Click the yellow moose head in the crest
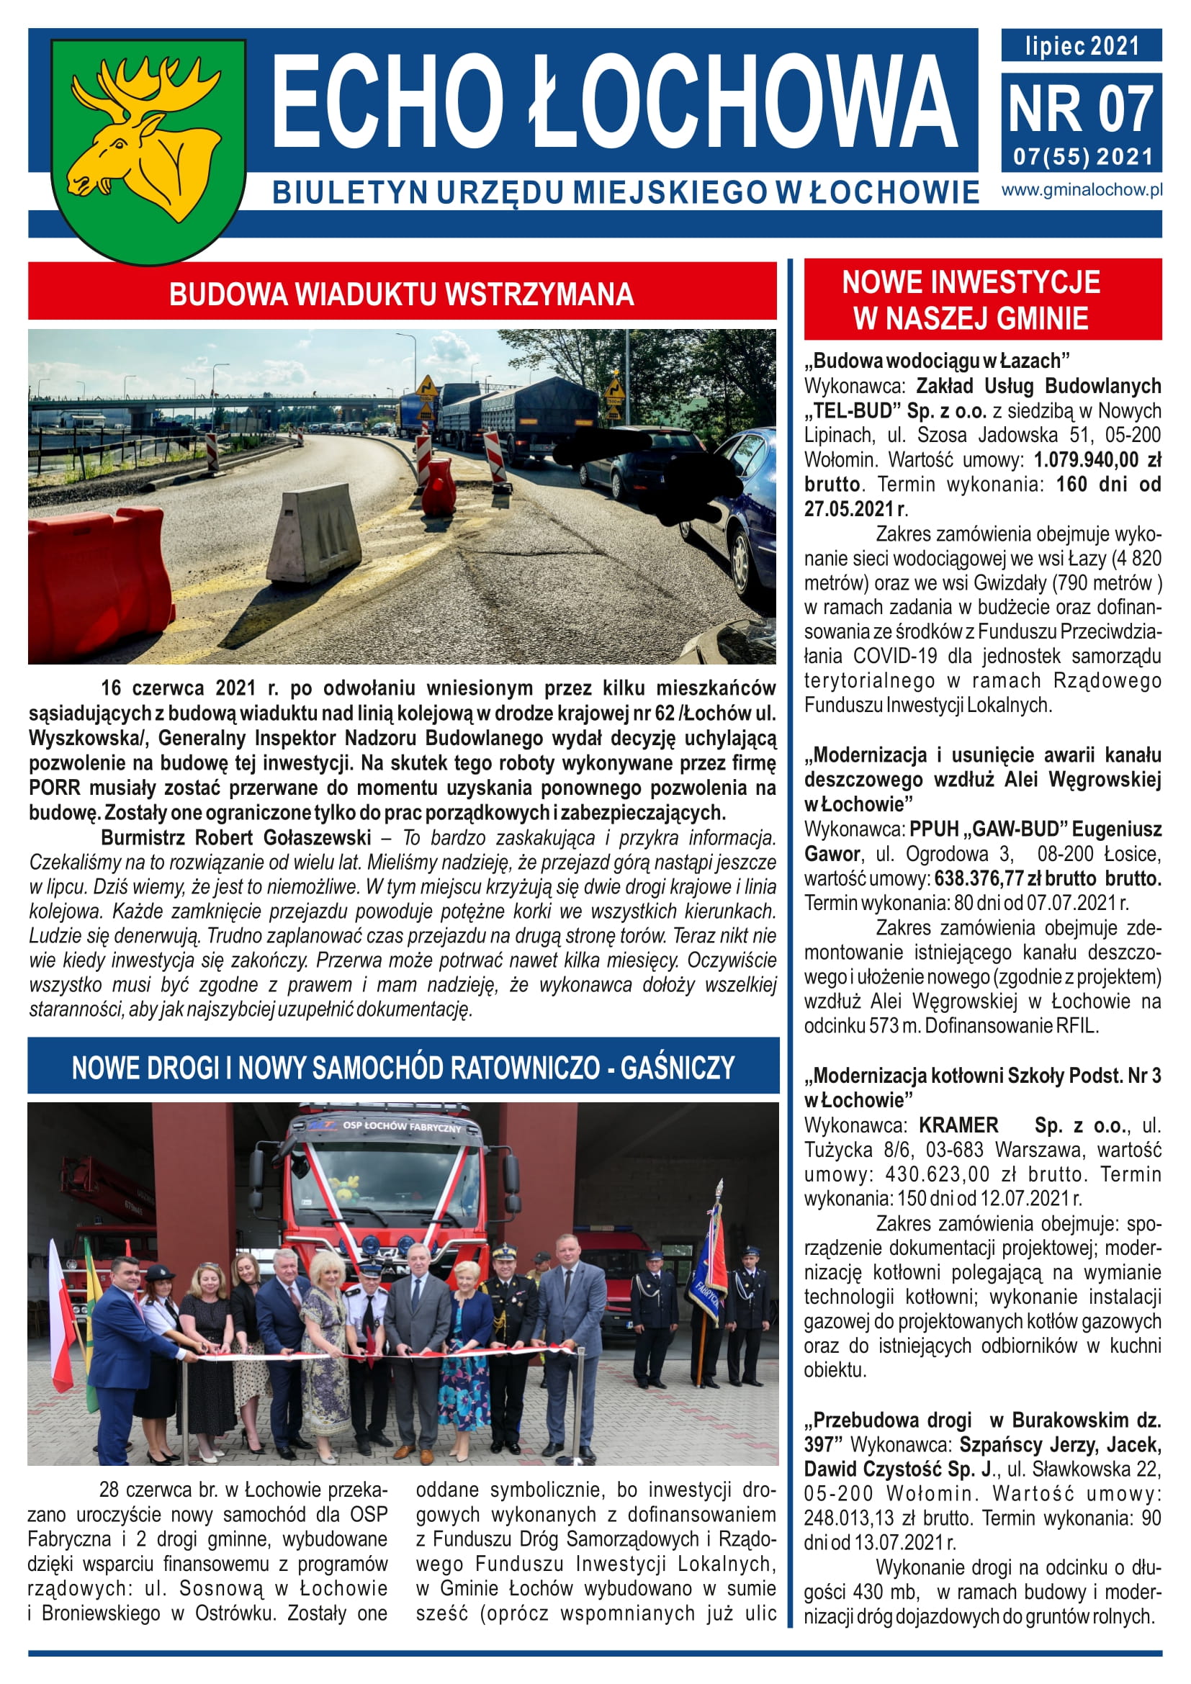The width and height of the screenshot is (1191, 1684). pyautogui.click(x=147, y=147)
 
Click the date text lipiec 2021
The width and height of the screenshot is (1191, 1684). pyautogui.click(x=1081, y=46)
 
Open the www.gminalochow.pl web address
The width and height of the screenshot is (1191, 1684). pyautogui.click(x=1082, y=190)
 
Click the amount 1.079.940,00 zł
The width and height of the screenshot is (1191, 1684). pyautogui.click(x=1097, y=460)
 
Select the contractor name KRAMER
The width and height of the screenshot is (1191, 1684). pyautogui.click(x=958, y=1125)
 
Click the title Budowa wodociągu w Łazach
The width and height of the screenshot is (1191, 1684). pyautogui.click(x=938, y=361)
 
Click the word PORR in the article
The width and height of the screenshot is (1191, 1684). pyautogui.click(x=54, y=788)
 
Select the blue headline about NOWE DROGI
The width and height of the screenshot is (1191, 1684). pyautogui.click(x=403, y=1068)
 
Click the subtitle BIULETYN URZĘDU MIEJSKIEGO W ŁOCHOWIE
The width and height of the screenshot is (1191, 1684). pyautogui.click(x=626, y=193)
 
